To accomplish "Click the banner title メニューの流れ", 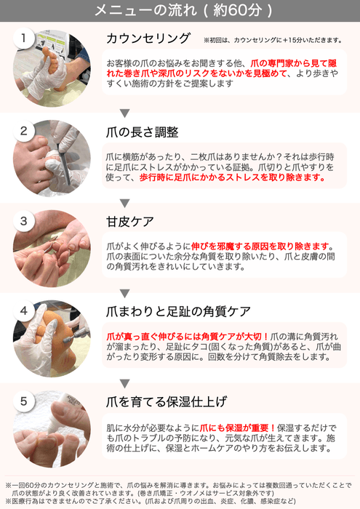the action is point(145,10).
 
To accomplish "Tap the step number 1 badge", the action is point(23,38).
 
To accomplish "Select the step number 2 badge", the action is point(23,131).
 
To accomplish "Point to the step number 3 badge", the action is point(23,221).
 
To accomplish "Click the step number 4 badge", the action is point(23,311).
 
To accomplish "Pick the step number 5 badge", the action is point(23,401).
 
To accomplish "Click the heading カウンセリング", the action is point(148,39).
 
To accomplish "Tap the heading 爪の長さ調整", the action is point(143,132).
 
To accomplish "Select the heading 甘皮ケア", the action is point(130,222).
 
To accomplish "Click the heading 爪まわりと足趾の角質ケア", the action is point(178,312).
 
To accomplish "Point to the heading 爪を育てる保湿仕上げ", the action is point(167,402).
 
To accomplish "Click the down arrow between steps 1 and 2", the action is point(124,113).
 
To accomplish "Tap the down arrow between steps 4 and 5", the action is point(124,383).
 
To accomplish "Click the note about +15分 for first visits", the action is point(273,40).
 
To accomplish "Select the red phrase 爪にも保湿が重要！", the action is point(238,428).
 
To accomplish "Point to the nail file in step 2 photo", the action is point(64,161).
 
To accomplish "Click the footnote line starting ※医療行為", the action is point(151,501).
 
